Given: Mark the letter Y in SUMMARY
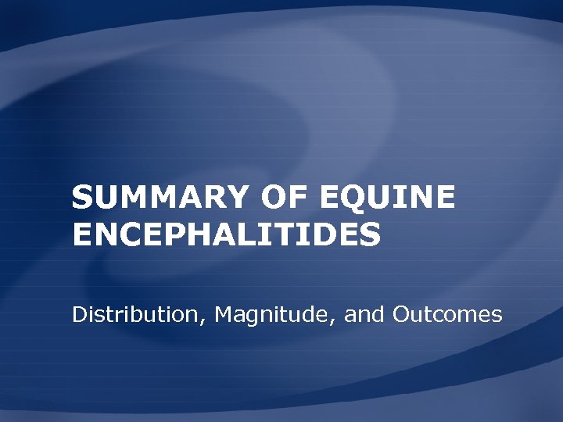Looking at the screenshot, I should click(225, 198).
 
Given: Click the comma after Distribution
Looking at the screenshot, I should click(206, 321).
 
